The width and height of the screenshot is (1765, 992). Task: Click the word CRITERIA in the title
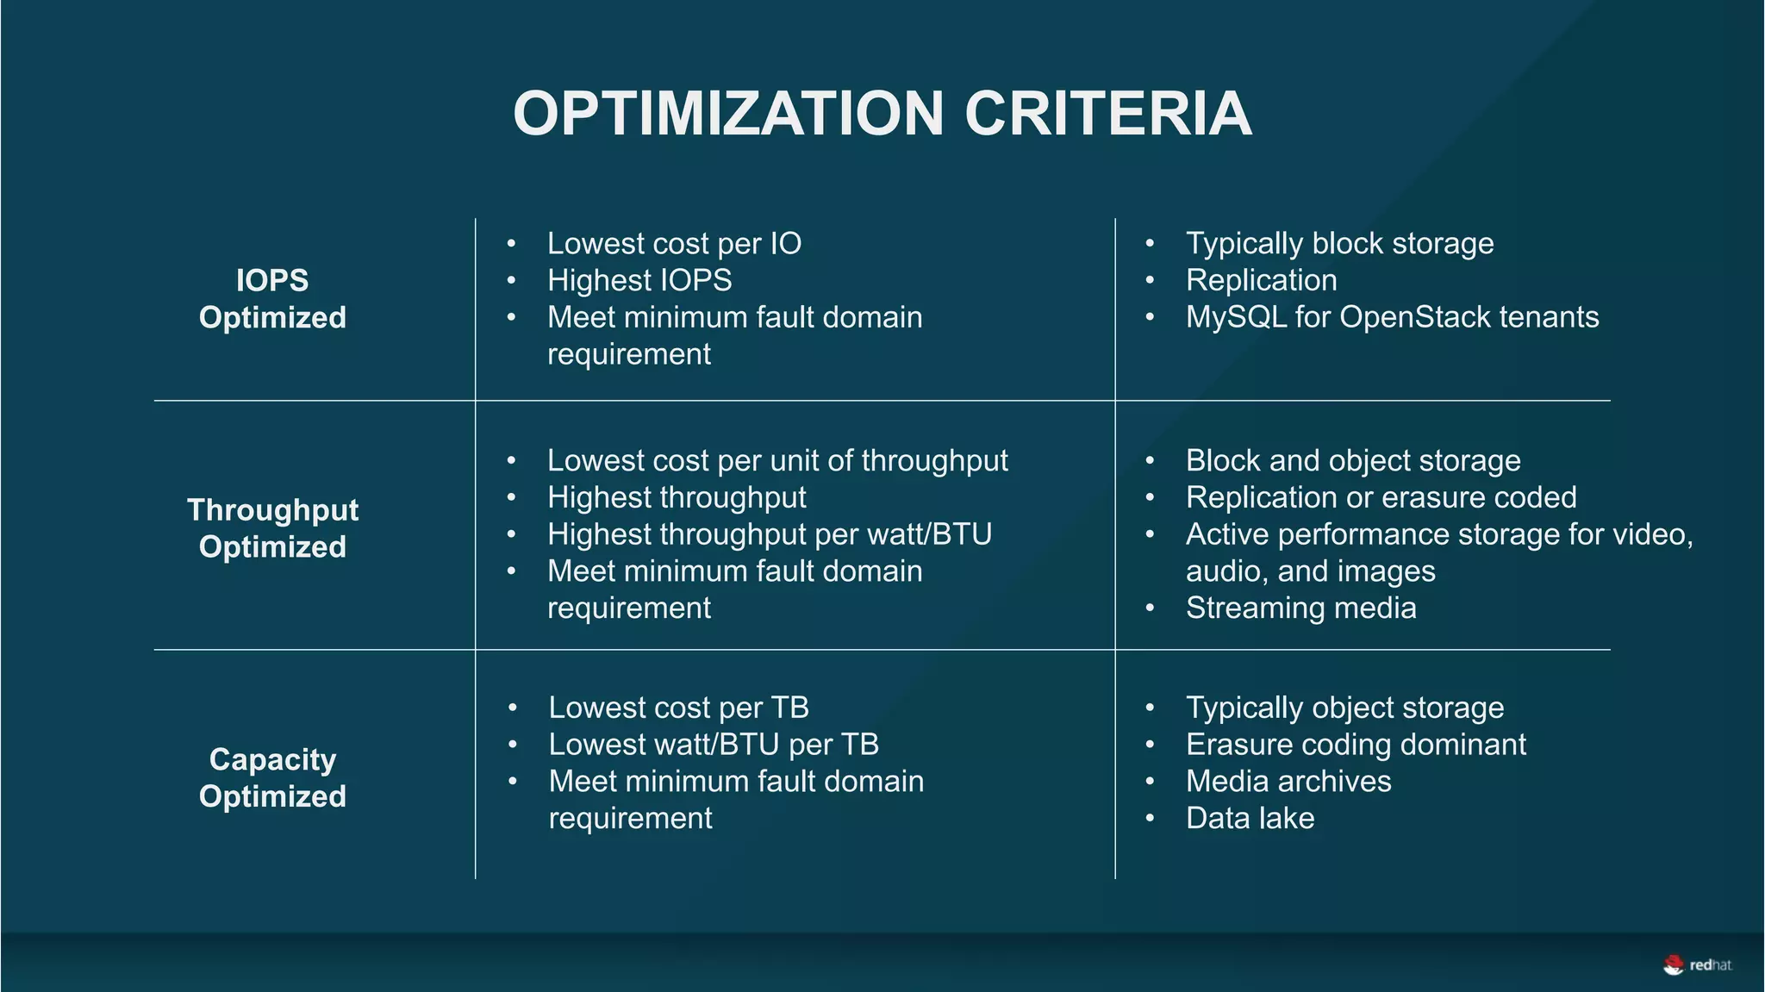click(1107, 114)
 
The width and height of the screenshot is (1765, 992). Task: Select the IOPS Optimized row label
click(272, 299)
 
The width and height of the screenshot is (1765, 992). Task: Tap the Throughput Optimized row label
click(272, 527)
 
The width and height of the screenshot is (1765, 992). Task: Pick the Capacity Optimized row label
click(272, 777)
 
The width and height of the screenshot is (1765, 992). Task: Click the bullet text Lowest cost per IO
click(674, 244)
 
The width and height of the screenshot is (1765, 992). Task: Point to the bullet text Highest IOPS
click(639, 281)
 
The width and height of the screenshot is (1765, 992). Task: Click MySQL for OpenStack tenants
click(1392, 317)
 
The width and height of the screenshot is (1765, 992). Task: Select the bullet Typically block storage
click(1339, 244)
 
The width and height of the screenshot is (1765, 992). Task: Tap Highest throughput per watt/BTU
click(769, 534)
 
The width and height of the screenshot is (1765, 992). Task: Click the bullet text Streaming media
click(1300, 608)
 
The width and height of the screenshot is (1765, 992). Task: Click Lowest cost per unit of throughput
click(777, 461)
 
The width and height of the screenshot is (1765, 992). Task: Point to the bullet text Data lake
click(1250, 818)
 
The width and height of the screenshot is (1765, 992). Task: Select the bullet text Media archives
click(1288, 782)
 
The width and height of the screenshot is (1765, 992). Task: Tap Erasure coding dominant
click(1356, 745)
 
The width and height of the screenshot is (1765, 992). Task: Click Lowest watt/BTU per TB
click(714, 745)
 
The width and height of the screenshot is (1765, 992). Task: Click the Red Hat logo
click(1697, 965)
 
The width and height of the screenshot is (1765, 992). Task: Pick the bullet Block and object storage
click(1353, 461)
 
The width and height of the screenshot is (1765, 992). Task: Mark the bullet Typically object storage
click(1344, 708)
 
